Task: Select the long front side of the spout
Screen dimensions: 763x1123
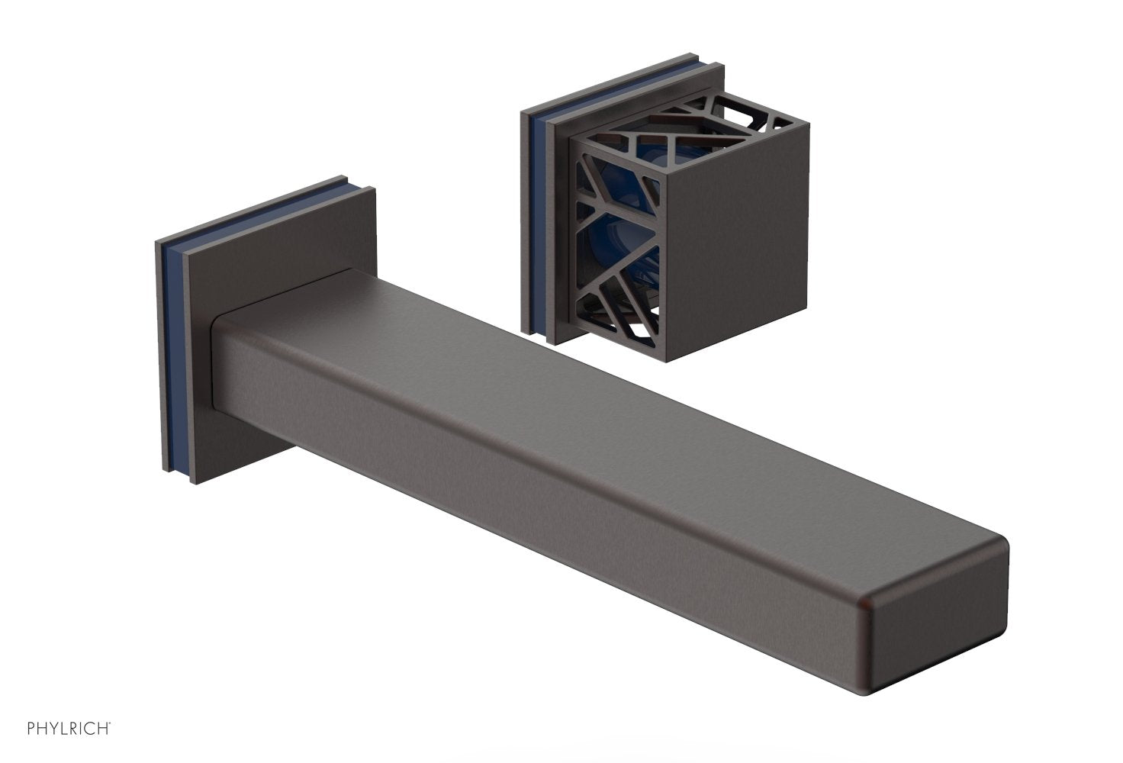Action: (534, 488)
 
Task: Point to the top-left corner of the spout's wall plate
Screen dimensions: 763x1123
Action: (156, 243)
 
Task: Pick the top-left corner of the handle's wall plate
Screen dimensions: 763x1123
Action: (521, 112)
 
